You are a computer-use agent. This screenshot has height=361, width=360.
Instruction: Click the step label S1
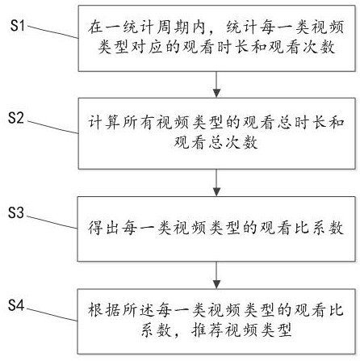18,26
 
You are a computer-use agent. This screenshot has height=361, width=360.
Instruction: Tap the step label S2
16,118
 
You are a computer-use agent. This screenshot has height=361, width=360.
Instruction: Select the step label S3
16,212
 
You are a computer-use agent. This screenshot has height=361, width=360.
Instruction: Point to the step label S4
16,305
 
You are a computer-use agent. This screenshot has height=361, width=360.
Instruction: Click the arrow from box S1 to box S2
216,84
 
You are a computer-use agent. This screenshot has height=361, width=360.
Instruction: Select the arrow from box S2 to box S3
216,183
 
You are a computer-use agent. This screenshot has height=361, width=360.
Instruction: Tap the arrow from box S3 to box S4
216,275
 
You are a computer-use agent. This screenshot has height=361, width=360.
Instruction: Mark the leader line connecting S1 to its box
53,32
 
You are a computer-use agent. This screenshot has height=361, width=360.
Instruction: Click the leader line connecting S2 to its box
53,128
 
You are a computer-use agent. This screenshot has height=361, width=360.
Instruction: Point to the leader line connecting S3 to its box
52,222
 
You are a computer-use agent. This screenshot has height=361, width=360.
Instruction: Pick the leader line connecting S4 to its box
52,314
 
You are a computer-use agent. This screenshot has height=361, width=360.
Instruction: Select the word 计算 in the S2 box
104,123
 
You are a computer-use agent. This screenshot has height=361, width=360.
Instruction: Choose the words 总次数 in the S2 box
233,142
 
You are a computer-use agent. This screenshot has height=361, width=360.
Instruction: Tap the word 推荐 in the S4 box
207,330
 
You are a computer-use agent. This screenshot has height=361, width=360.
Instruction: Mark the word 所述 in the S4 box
138,309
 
